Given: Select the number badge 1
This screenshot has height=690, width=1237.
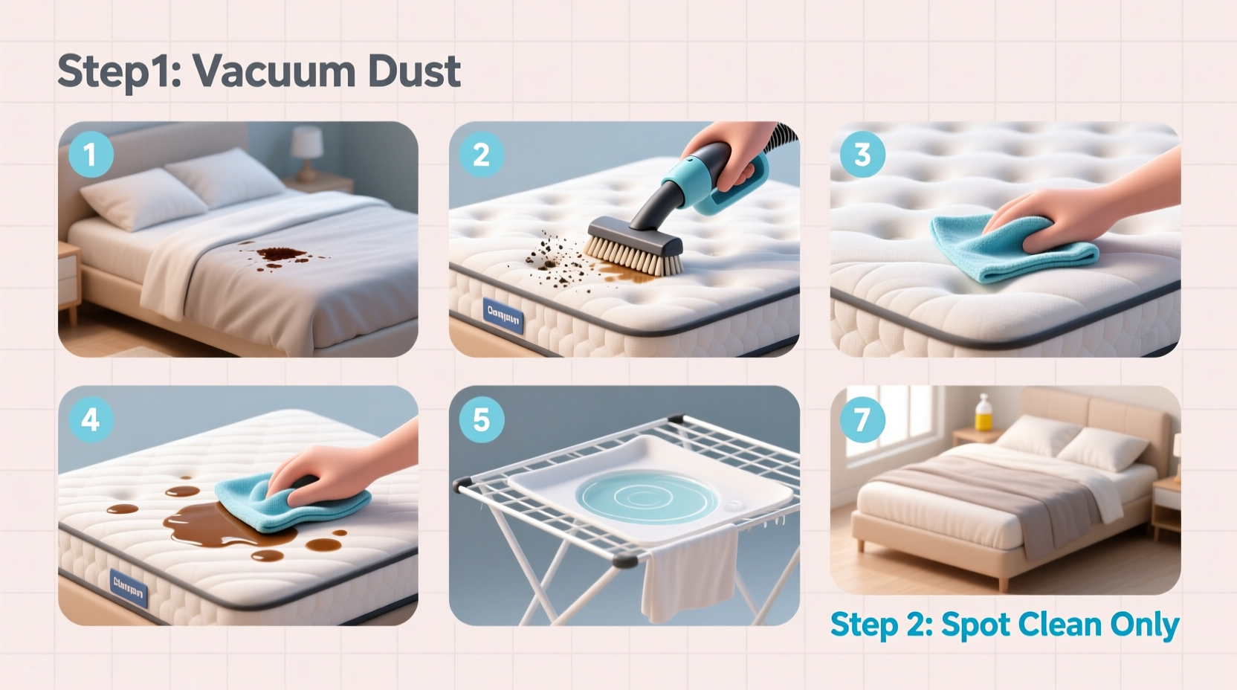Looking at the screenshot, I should point(90,155).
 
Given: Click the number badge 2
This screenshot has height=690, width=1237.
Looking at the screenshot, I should point(481,155).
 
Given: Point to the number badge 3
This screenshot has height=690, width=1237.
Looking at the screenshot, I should point(862,155).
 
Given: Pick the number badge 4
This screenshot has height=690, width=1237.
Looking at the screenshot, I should point(90,419).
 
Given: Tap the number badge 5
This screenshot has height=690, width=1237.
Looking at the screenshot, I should point(481,419).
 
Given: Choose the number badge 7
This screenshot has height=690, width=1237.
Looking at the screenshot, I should point(862,419).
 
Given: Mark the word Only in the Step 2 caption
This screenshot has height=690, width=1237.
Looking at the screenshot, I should point(1144,625).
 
